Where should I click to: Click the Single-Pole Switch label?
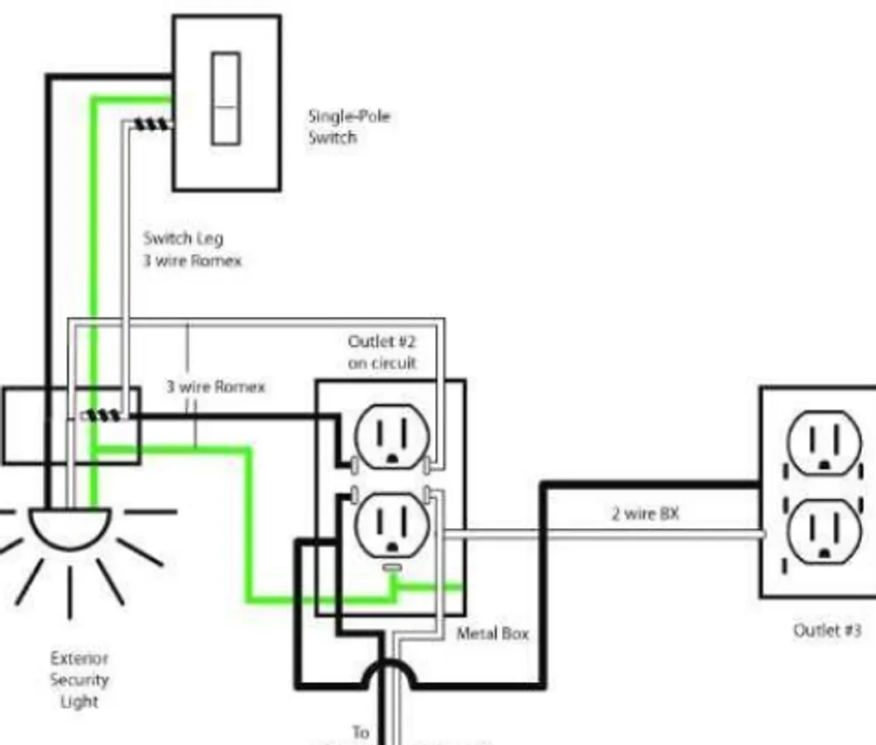pos(348,127)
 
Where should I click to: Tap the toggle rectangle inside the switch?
pos(226,98)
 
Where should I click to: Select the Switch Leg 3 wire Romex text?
pos(192,249)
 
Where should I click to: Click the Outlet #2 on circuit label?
pos(382,352)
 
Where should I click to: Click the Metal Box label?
pos(492,633)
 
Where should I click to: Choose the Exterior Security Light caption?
pos(79,680)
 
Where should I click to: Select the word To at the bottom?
pos(361,733)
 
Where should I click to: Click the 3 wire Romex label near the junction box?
pos(216,387)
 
